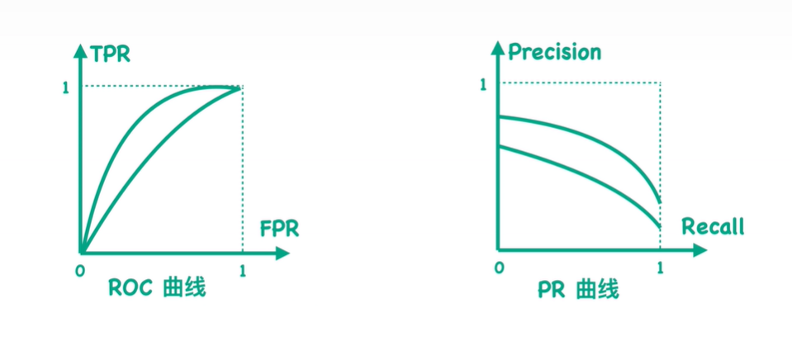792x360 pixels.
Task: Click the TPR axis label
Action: [111, 57]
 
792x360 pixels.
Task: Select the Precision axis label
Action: [554, 53]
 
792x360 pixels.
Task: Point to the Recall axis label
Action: [713, 227]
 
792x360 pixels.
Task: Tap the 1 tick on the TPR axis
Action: [66, 88]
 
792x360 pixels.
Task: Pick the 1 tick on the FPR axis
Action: [242, 270]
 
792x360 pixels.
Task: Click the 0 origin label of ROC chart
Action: [79, 270]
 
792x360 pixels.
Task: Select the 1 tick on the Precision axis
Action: [484, 85]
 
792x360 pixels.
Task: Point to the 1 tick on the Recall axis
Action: [659, 268]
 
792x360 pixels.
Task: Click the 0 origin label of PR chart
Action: [498, 268]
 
